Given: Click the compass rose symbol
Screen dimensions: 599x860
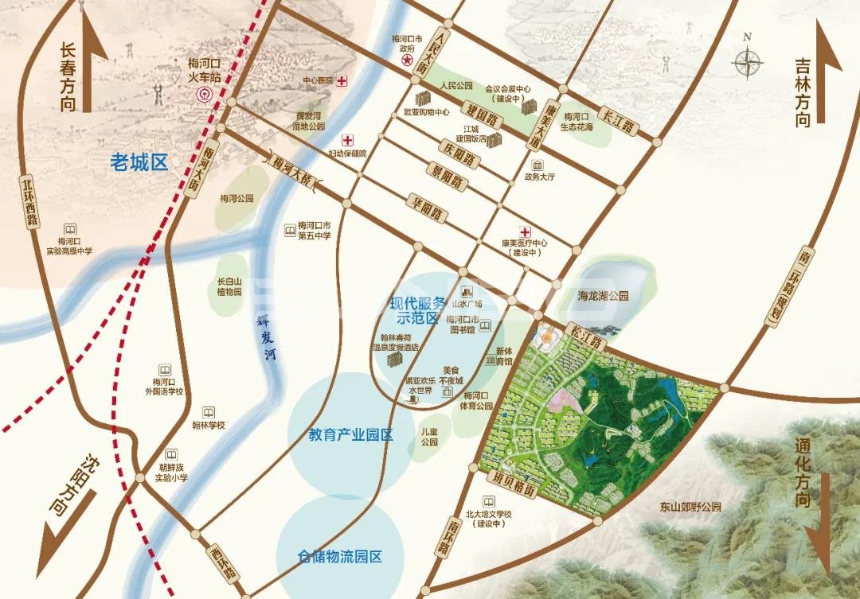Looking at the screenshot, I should [x=749, y=61].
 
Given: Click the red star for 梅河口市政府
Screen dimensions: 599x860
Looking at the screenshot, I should [x=407, y=60].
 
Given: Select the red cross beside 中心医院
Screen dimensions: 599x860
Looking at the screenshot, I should [x=342, y=80].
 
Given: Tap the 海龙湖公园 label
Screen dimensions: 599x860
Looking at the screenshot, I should [x=603, y=295].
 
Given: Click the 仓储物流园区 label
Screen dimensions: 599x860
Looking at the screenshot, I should [x=340, y=556].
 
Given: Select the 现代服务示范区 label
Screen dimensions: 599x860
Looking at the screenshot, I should [x=415, y=310].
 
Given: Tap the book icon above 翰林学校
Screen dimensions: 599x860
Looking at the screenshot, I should [x=208, y=413].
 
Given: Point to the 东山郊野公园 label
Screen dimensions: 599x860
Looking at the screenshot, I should [x=690, y=506].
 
